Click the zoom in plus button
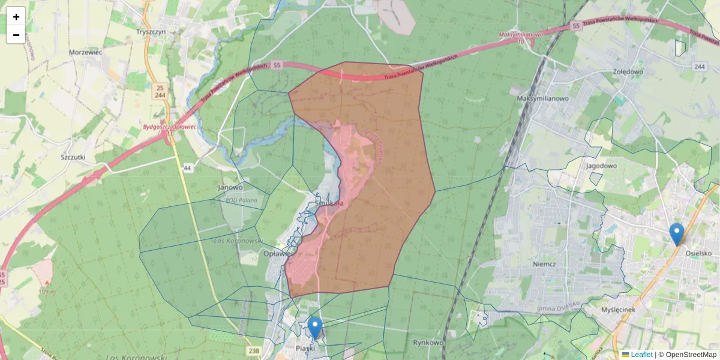point(16,17)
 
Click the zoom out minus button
point(16,35)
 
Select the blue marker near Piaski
point(315,328)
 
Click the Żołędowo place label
point(628,71)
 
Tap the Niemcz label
point(544,263)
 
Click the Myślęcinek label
point(618,310)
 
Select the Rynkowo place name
point(428,343)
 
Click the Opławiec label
point(278,253)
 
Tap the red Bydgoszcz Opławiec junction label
point(170,127)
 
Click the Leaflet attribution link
point(641,355)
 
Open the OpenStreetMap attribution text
point(691,355)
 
